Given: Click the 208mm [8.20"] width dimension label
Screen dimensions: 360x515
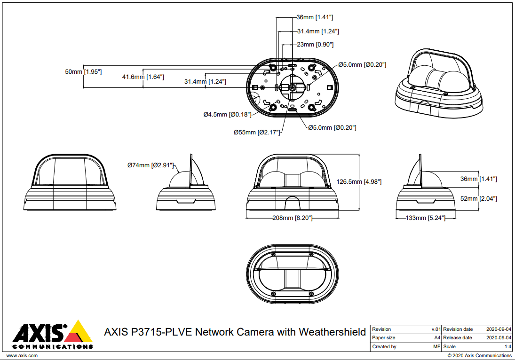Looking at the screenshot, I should [293, 218].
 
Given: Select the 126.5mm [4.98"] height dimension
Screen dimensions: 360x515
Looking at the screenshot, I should [358, 182].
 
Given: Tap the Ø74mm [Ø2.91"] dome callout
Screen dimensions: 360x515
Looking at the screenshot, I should [151, 165].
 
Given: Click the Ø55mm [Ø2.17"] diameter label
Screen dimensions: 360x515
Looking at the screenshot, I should [257, 133].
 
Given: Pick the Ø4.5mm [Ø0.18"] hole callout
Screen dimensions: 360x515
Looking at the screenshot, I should [227, 114].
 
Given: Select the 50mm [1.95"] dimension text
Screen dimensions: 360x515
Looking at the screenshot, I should [83, 72].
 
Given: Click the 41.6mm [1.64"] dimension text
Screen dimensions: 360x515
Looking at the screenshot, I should [143, 77].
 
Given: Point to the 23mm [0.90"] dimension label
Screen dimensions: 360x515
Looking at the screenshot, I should [315, 45].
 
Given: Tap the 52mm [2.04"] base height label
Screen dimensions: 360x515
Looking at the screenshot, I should [478, 199].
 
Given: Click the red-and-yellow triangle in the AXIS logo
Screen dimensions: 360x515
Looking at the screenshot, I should [79, 332].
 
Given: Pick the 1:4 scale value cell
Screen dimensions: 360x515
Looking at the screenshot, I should [507, 346].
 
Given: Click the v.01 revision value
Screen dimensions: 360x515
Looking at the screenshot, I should [436, 329].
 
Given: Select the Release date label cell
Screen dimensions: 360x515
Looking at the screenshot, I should [457, 338].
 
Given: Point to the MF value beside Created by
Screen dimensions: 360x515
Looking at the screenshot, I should [436, 346].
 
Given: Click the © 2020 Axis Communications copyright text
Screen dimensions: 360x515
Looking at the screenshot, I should [479, 356].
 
